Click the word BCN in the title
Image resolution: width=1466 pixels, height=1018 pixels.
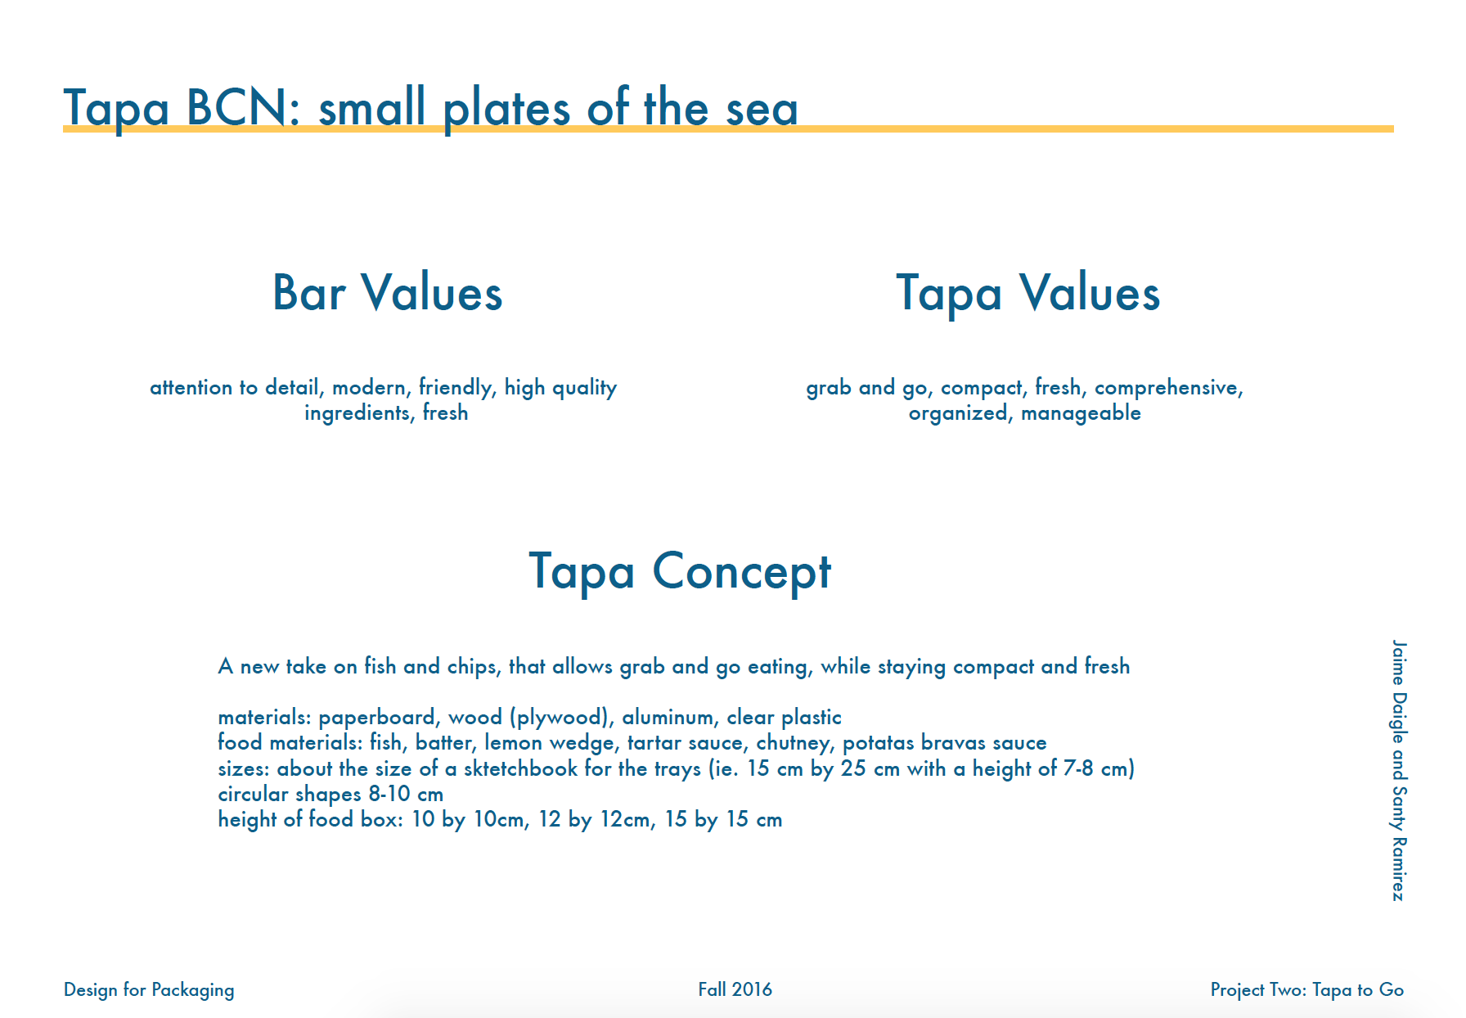pos(237,107)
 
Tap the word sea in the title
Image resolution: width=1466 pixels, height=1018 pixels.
pos(762,110)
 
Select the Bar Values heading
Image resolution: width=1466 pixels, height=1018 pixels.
pos(387,293)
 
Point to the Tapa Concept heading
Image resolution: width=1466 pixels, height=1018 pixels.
pos(680,572)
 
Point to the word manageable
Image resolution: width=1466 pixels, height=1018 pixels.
pos(1081,414)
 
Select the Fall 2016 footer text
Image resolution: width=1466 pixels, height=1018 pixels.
pos(735,989)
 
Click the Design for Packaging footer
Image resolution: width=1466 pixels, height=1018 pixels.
pos(149,990)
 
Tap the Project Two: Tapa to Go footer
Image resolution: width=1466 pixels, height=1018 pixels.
pos(1307,990)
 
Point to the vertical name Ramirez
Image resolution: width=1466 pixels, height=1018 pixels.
pos(1399,869)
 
